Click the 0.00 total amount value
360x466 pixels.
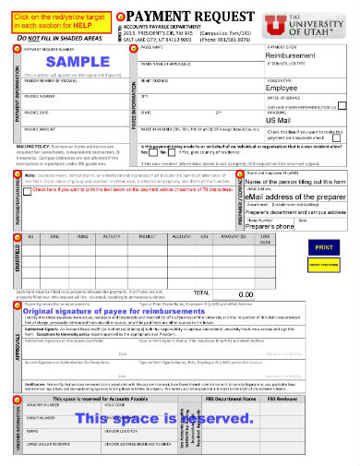point(246,293)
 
